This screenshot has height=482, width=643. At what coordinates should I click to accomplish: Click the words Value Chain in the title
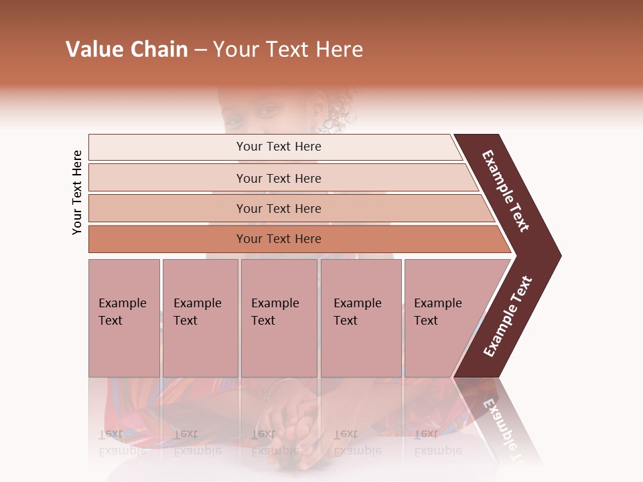click(x=127, y=50)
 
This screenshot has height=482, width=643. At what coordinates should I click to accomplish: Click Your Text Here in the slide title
click(x=288, y=50)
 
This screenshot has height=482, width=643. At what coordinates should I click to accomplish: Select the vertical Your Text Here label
click(x=77, y=192)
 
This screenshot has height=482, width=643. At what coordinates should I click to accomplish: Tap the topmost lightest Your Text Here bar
click(x=278, y=147)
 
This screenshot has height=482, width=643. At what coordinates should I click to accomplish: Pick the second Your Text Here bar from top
click(x=278, y=178)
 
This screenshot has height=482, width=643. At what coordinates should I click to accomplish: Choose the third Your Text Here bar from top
click(x=278, y=208)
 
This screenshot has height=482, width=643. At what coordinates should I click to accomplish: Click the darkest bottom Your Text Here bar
click(x=278, y=239)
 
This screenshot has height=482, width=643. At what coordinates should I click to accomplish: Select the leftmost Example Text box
click(x=124, y=317)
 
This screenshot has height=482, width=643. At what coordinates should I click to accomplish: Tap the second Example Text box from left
click(x=200, y=317)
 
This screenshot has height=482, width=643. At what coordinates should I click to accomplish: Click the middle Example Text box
click(x=279, y=317)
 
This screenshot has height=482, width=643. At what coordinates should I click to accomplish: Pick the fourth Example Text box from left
click(x=361, y=317)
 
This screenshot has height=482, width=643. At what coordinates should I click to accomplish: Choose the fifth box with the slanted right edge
click(x=442, y=317)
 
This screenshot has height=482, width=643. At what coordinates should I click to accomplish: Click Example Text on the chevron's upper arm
click(x=506, y=191)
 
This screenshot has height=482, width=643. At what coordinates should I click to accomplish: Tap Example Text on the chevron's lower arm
click(x=507, y=317)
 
